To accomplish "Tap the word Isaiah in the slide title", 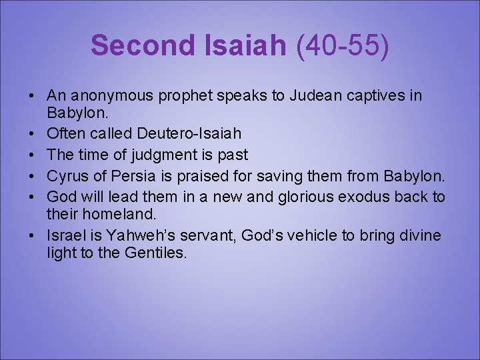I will (x=243, y=46).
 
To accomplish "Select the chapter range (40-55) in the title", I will (x=343, y=46).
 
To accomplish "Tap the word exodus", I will (x=352, y=197).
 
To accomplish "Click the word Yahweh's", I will (x=137, y=235).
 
